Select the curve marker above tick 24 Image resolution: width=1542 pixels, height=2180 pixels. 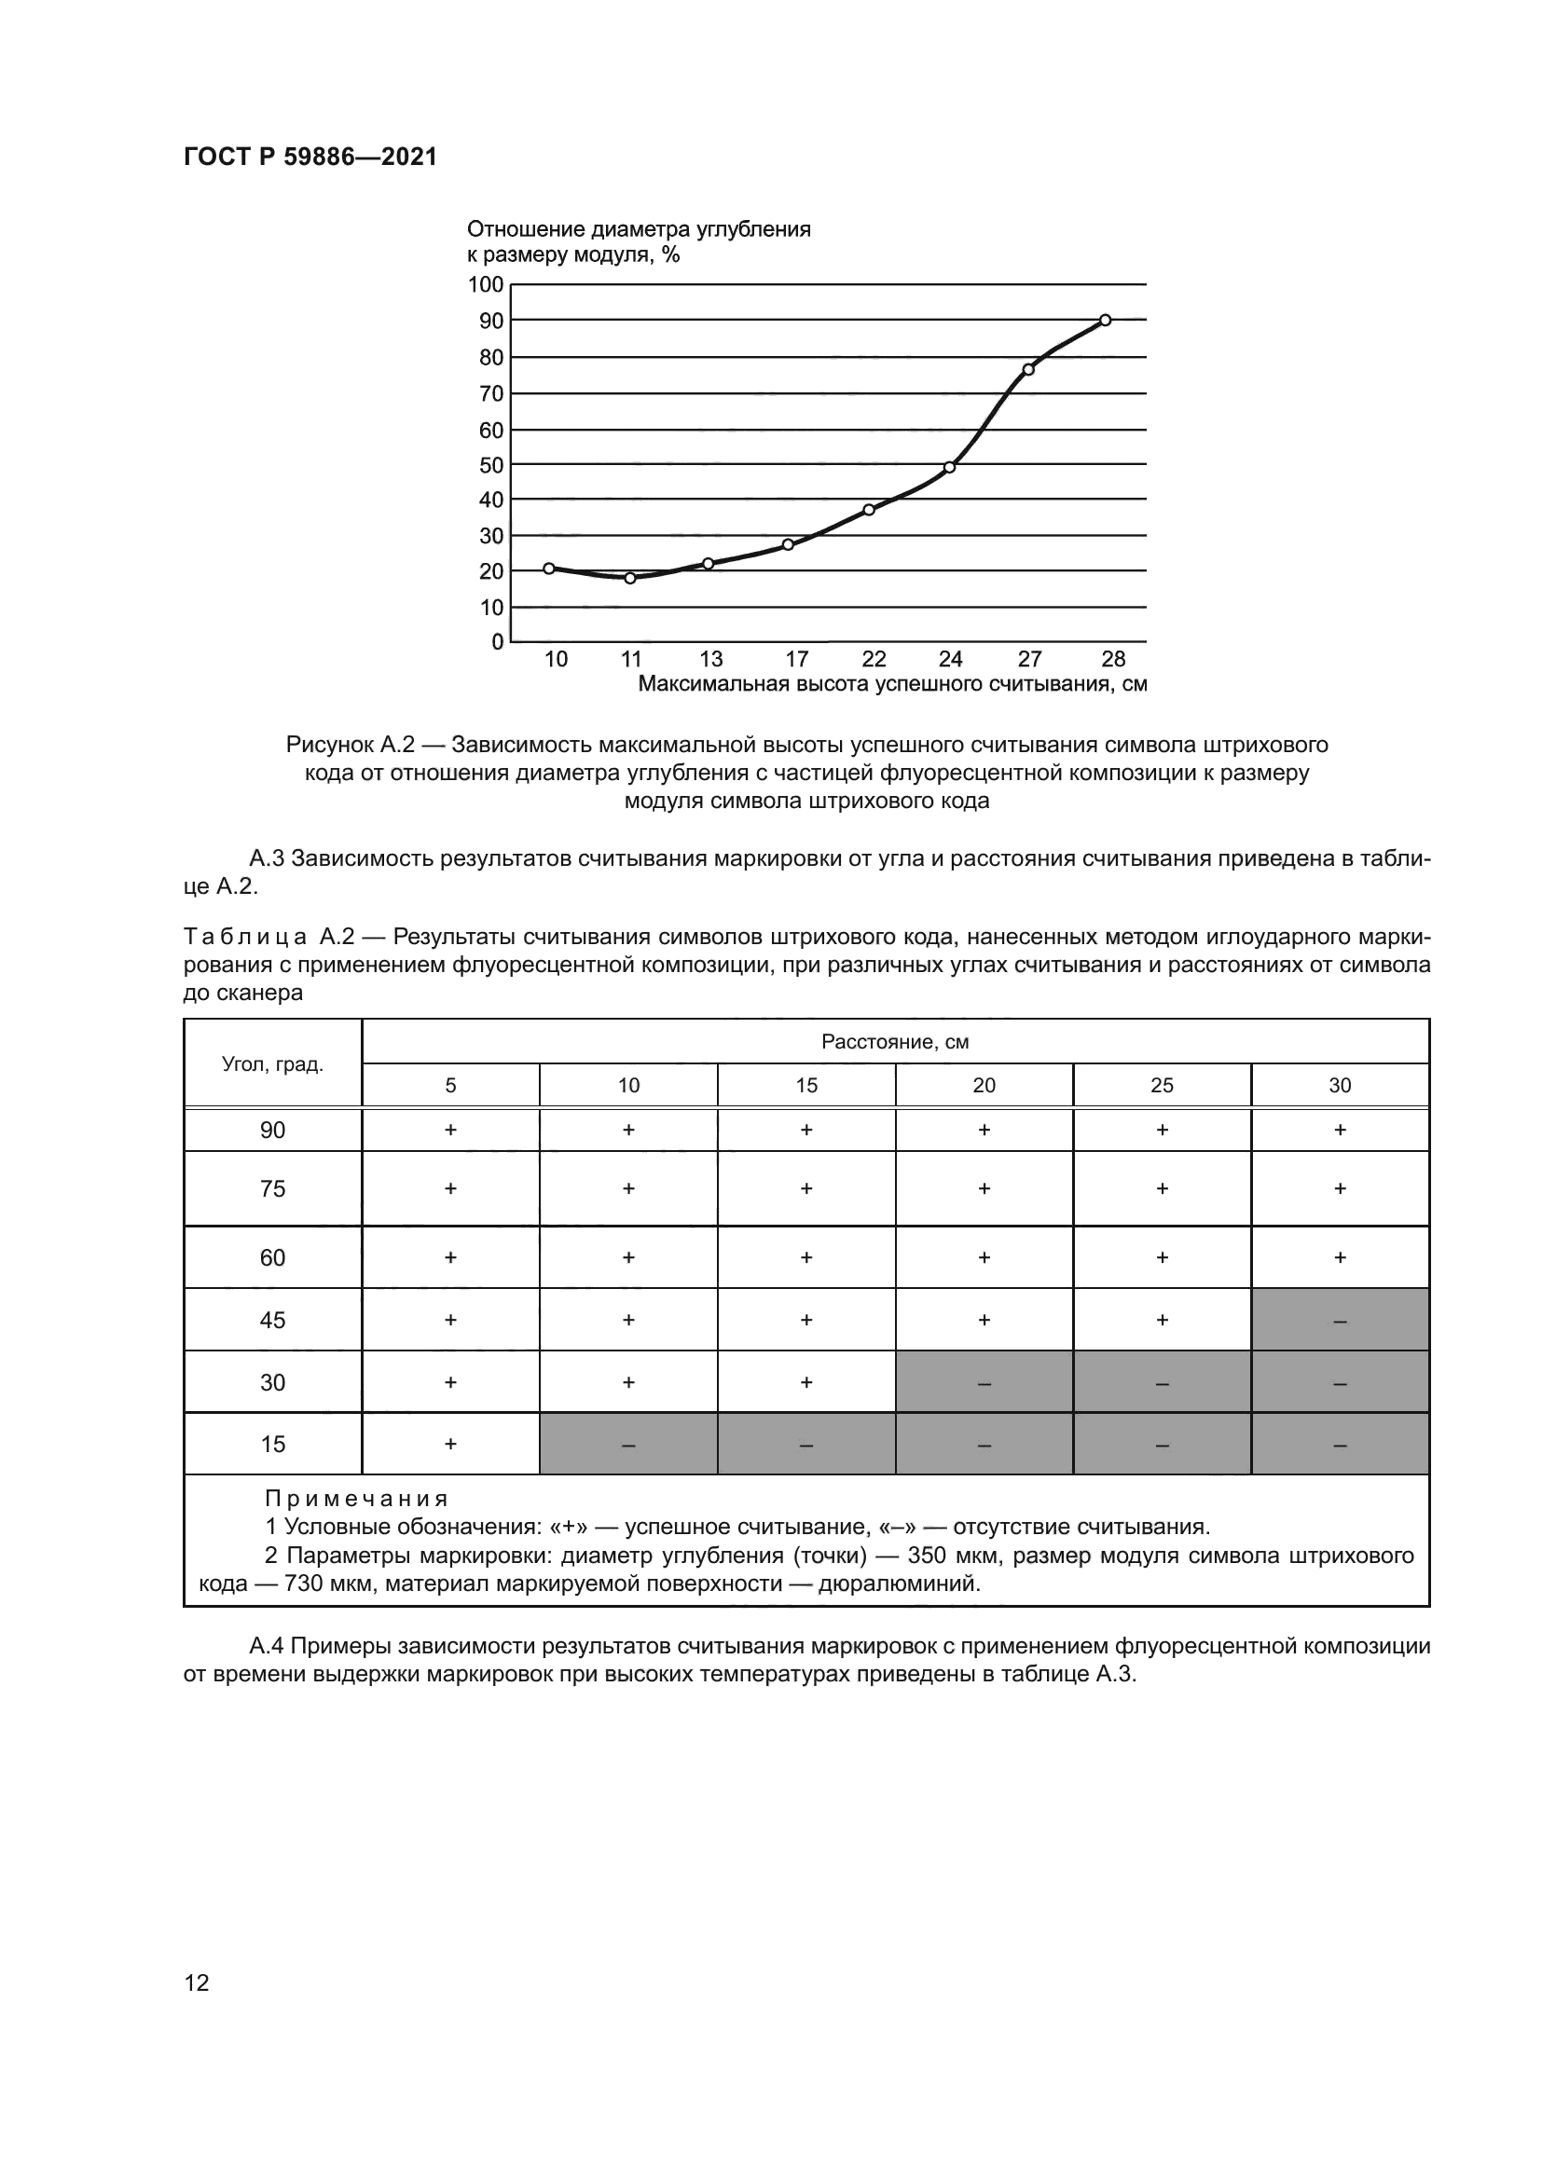949,467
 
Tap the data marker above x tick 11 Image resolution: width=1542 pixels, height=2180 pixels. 630,578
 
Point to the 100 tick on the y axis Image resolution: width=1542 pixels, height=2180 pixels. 485,284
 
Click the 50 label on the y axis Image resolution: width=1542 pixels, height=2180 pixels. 491,465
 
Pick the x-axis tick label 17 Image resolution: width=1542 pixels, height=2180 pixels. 796,659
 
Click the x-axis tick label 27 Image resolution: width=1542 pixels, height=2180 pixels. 1029,659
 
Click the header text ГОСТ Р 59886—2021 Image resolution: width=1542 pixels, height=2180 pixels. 310,157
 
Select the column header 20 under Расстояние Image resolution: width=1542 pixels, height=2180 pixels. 984,1085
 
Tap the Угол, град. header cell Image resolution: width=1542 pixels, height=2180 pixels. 272,1063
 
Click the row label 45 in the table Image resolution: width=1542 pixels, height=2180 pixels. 272,1320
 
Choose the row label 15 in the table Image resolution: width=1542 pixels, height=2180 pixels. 272,1444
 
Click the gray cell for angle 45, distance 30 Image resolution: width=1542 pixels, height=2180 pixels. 1340,1320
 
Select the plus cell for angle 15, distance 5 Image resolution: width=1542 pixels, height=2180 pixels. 450,1444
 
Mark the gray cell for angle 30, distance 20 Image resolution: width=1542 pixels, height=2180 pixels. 984,1382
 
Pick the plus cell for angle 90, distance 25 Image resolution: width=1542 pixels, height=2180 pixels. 1162,1130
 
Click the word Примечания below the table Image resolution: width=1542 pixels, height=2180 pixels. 356,1500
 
